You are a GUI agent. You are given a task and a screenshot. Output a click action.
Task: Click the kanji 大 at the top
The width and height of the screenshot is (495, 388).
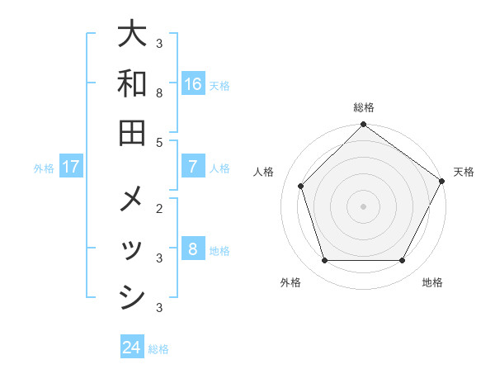tap(132, 35)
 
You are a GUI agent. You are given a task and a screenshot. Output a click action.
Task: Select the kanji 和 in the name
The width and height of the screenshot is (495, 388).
tap(132, 83)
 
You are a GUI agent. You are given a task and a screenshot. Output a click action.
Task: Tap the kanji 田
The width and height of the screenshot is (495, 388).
tap(132, 132)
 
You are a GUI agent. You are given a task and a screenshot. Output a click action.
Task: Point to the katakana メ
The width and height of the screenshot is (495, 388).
tap(132, 201)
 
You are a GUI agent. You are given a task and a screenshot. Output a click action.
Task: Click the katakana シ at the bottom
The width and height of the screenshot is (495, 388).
tap(132, 297)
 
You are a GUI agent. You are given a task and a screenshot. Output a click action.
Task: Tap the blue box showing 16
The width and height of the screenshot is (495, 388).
tap(193, 84)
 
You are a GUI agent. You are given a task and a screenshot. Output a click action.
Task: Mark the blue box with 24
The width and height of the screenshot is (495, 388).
tap(132, 348)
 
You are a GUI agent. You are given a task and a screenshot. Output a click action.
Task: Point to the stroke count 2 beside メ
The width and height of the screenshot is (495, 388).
tap(159, 208)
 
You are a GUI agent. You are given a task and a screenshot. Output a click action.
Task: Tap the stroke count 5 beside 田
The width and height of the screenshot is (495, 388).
tap(159, 143)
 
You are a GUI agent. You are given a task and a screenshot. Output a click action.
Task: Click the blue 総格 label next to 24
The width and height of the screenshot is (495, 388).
tap(158, 349)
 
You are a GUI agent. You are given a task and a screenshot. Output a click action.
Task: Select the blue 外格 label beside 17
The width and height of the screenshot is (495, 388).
tap(44, 168)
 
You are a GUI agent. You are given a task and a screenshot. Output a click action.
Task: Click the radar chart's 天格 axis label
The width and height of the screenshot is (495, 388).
tap(464, 172)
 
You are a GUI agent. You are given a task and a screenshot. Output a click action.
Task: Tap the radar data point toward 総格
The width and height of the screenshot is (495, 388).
tap(363, 125)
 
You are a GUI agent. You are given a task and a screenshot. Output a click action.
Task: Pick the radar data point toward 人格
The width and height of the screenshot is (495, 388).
tap(301, 186)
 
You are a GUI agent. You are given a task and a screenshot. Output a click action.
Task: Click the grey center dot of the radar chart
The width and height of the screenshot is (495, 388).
tap(363, 206)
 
